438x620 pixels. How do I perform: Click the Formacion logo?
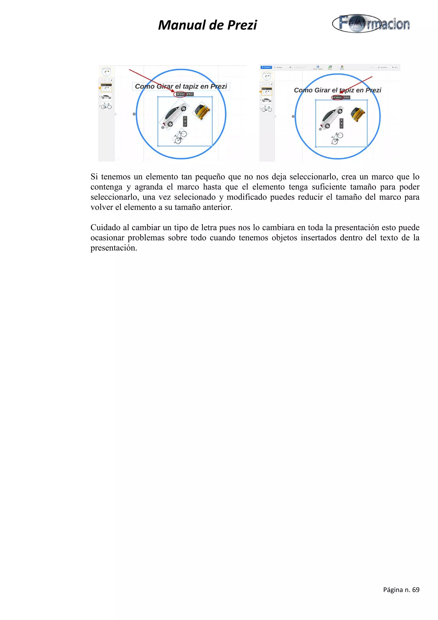pos(371,24)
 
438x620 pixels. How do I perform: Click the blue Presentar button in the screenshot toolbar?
pos(266,67)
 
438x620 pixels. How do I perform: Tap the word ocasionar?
pos(107,238)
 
